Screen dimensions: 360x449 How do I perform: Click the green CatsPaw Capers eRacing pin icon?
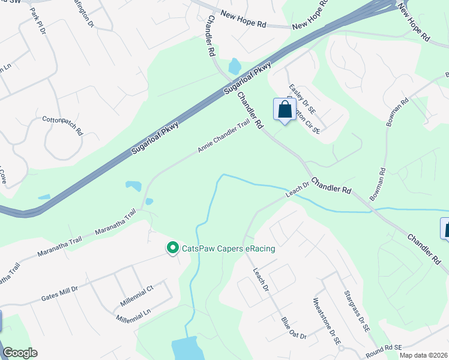[173, 247]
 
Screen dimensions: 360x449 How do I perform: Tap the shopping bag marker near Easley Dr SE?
[285, 110]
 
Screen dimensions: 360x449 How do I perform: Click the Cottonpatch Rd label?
[62, 124]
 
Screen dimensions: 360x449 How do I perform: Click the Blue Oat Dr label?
[294, 328]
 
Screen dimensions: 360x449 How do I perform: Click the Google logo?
[20, 353]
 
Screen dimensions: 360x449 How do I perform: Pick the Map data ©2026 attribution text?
[423, 355]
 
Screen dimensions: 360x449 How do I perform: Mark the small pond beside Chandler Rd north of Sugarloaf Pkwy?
[234, 65]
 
